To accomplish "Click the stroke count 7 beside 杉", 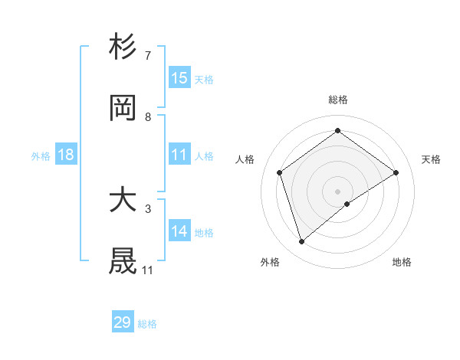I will (148, 57).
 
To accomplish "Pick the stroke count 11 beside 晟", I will (148, 270).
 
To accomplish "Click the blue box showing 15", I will (179, 77).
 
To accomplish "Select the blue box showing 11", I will (179, 155).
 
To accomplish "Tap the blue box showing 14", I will (179, 231).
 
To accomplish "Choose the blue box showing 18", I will (66, 155).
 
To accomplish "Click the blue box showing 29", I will (123, 322).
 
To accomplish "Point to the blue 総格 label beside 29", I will (147, 324).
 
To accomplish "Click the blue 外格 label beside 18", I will (41, 156).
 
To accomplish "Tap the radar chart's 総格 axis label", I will (337, 100).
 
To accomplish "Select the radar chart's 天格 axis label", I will (431, 159).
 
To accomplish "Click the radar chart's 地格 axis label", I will (402, 263).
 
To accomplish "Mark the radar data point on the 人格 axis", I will (280, 172).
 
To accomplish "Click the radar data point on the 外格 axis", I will (302, 242).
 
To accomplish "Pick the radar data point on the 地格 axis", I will (347, 204).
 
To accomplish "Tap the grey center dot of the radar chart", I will (337, 191).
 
